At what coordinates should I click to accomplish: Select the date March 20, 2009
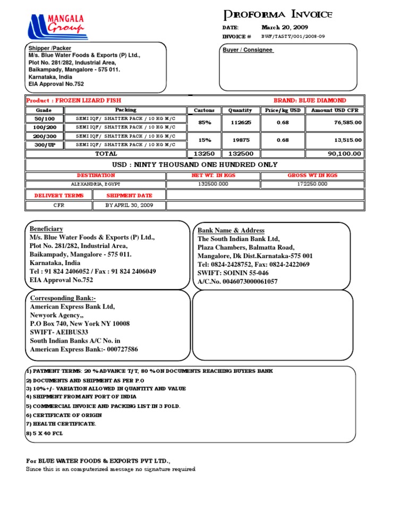click(285, 27)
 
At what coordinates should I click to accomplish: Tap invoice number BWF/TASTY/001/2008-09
click(293, 37)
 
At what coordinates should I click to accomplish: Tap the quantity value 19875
click(240, 140)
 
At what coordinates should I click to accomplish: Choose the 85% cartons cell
click(205, 122)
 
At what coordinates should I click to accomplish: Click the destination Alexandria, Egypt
click(96, 184)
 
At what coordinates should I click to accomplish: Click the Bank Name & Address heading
click(231, 231)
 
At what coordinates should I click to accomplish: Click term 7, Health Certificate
click(61, 423)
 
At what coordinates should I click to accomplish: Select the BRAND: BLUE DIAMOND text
click(310, 100)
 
